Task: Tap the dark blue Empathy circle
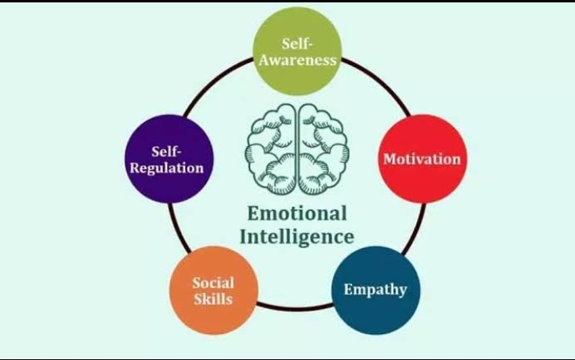(x=375, y=289)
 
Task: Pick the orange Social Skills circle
(x=213, y=291)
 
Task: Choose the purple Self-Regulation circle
(x=168, y=159)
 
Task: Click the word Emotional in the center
(x=297, y=214)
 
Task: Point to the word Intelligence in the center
(x=297, y=237)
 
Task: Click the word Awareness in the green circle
(x=297, y=61)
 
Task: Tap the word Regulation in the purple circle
(x=168, y=168)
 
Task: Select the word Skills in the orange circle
(x=213, y=299)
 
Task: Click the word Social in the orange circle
(x=213, y=283)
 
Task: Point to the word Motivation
(x=422, y=159)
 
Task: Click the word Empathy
(x=375, y=290)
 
